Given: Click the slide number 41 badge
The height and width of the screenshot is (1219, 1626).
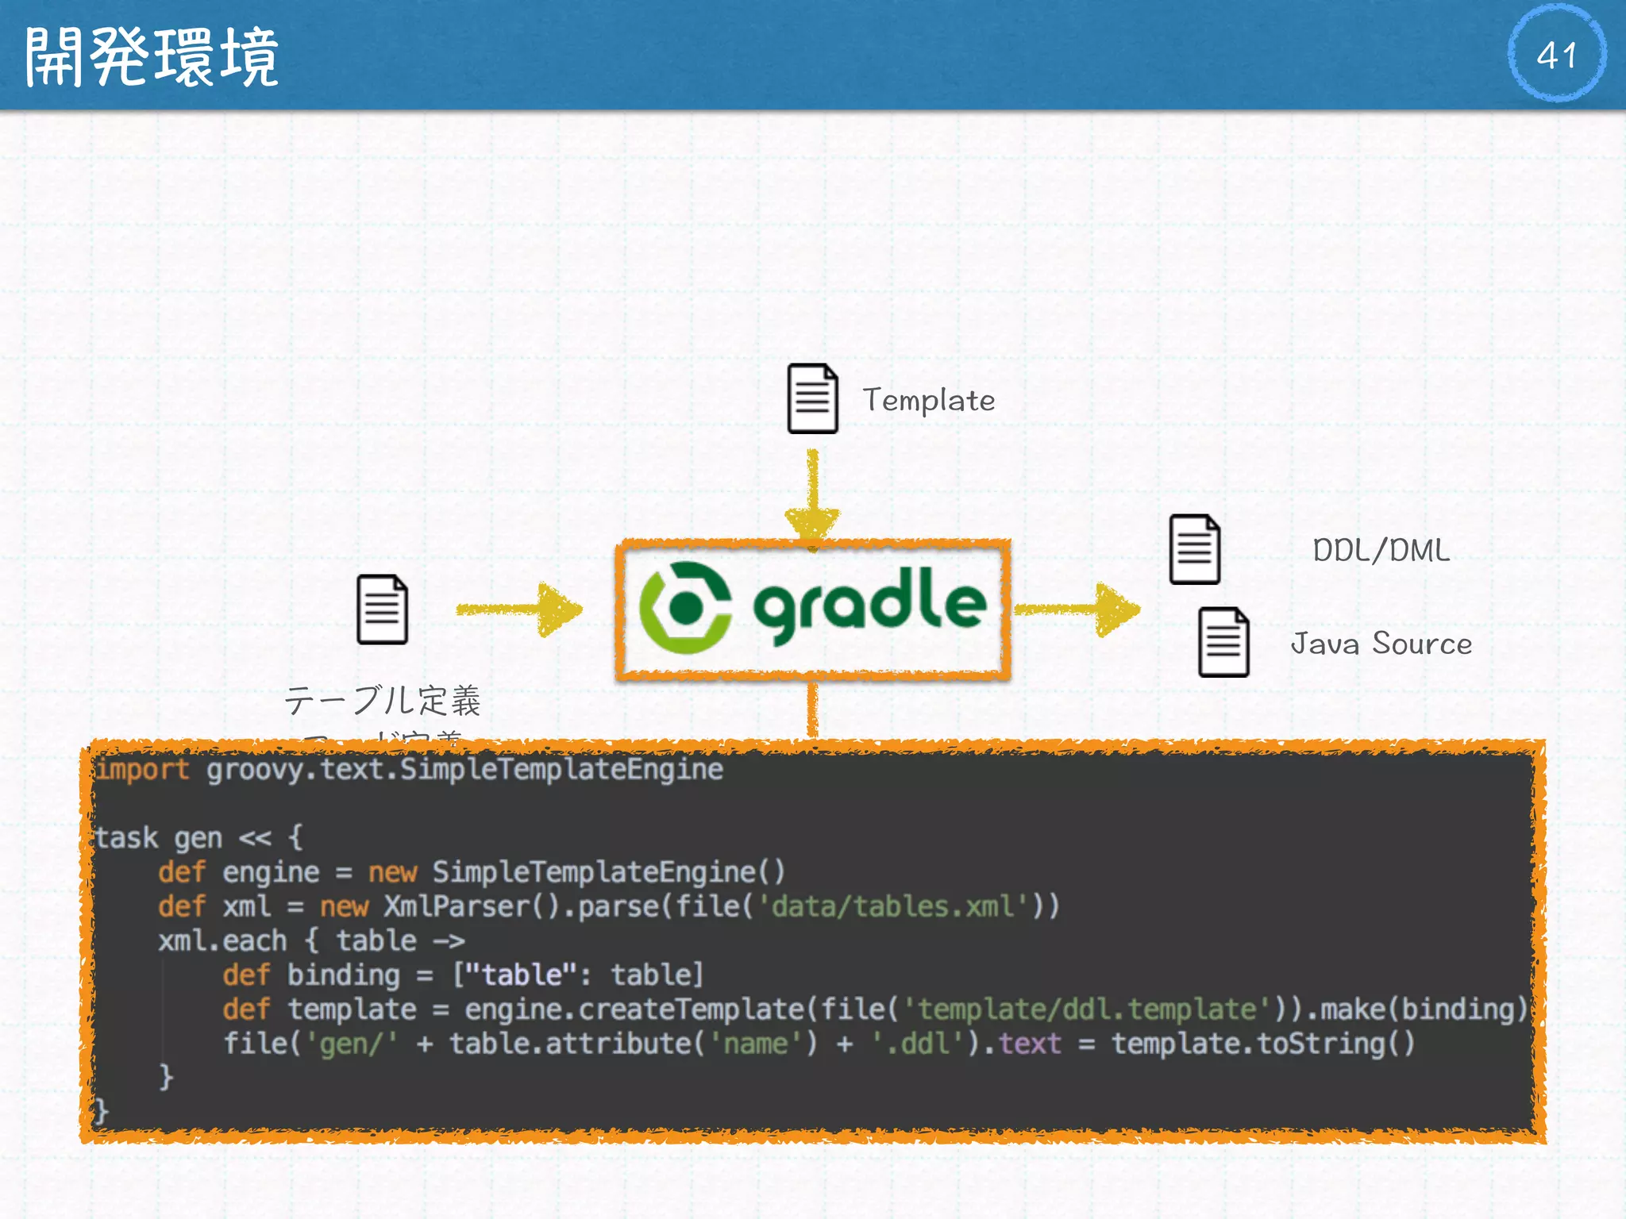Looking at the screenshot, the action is click(1556, 54).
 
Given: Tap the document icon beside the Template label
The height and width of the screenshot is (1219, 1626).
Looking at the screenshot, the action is click(812, 398).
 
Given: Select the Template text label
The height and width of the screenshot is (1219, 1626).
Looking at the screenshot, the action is click(928, 400).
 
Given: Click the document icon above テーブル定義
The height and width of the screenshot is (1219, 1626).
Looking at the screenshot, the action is click(382, 609).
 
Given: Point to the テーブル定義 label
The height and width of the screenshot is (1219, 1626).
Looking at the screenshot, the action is click(383, 700).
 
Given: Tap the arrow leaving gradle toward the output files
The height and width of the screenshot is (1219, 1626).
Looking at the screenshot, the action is click(1078, 609).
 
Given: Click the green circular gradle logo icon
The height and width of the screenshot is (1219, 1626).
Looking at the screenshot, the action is click(685, 608).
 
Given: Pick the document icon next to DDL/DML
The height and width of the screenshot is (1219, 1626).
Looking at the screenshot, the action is click(1194, 549).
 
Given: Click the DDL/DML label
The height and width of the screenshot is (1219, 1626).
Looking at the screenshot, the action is click(1381, 550).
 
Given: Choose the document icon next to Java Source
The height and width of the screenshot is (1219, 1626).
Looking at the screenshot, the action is click(1223, 642).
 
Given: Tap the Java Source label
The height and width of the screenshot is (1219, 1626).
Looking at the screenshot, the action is click(1381, 644).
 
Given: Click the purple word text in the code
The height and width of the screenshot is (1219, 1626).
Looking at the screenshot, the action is click(1029, 1043).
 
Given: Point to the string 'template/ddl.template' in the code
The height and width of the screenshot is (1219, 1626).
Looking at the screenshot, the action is click(1088, 1009).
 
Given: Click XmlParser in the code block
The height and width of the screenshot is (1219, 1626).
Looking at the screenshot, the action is click(456, 906).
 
